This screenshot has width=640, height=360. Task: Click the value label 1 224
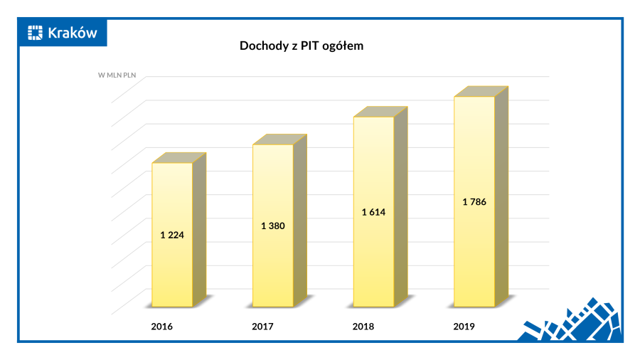click(x=172, y=235)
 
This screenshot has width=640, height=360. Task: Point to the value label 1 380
click(x=273, y=226)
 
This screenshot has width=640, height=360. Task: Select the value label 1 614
click(x=374, y=212)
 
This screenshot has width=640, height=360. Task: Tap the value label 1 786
click(x=474, y=202)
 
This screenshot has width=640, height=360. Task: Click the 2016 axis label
click(x=162, y=327)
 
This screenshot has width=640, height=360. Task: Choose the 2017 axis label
click(x=263, y=327)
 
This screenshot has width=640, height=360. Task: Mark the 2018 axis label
click(x=363, y=327)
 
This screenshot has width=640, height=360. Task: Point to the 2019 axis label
click(x=464, y=327)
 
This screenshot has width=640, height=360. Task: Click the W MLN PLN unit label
click(x=117, y=75)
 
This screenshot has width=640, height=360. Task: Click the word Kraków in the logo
click(x=72, y=32)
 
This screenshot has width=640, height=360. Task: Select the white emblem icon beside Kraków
click(x=36, y=32)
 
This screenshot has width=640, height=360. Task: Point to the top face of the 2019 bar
click(x=481, y=91)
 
